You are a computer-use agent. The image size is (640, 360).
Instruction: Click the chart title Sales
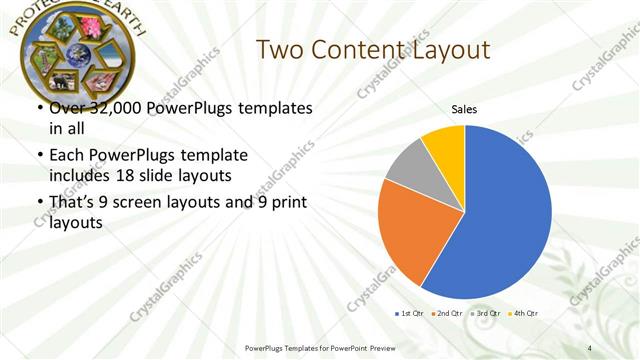point(464,109)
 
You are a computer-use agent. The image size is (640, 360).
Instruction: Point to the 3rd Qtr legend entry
point(487,314)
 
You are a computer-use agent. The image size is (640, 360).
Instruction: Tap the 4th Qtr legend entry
point(524,314)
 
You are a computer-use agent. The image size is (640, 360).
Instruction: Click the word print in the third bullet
point(285,202)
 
